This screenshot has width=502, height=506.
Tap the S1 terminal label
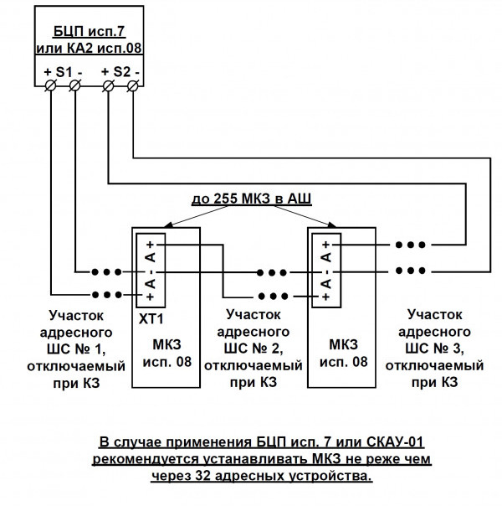tap(63, 71)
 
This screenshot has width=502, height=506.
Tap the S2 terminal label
tap(120, 71)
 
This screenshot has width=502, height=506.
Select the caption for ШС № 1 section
tap(76, 347)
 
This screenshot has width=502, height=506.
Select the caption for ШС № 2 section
tap(253, 347)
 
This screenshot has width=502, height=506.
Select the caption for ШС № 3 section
tap(434, 347)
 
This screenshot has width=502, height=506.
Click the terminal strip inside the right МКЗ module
tap(324, 266)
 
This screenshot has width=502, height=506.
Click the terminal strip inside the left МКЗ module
tap(149, 266)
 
